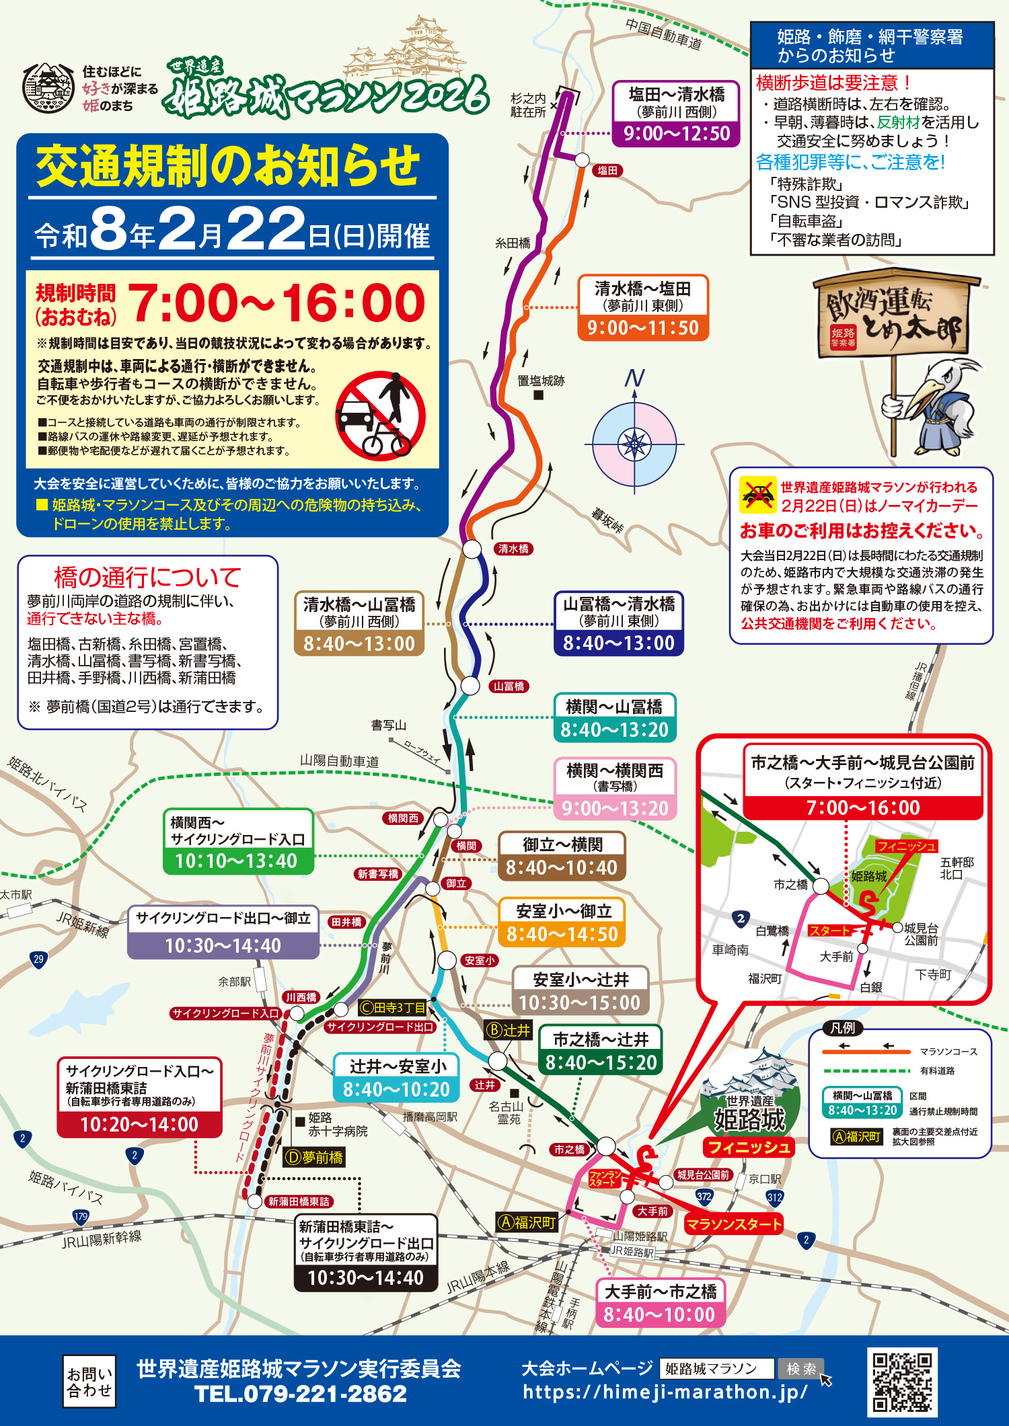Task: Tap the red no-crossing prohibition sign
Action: tap(381, 416)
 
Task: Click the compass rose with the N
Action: tap(634, 444)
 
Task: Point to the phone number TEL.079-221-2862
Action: tap(300, 1394)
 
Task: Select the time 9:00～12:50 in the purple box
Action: tap(676, 133)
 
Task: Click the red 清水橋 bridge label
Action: tap(513, 549)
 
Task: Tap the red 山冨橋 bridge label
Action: tap(509, 686)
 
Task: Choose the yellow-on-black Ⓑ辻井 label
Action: tap(509, 1031)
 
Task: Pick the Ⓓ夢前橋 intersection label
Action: tap(314, 1157)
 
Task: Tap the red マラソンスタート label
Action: tap(734, 1224)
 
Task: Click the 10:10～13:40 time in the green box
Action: tap(236, 861)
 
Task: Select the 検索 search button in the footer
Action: tap(801, 1368)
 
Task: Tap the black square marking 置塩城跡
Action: tap(538, 395)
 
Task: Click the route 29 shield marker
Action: tap(38, 959)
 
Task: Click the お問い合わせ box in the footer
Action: tap(89, 1382)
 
